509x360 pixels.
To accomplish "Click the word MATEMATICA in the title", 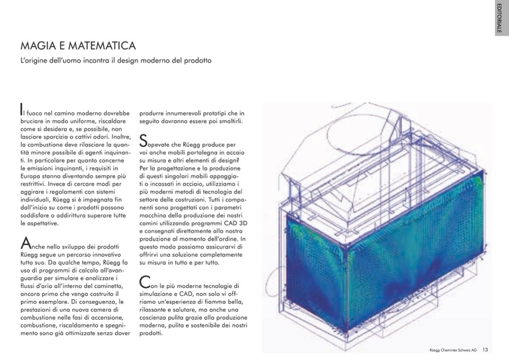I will [x=103, y=46].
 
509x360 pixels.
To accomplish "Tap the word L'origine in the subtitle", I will [x=33, y=61].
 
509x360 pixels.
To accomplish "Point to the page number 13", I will [x=485, y=349].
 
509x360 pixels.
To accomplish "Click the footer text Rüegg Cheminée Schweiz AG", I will [x=453, y=350].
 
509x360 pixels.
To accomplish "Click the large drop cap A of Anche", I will [x=24, y=243].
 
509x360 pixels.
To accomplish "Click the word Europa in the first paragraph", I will [x=31, y=175].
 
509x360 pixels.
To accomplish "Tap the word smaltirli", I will [x=229, y=122].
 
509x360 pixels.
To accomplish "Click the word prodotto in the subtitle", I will [x=197, y=61].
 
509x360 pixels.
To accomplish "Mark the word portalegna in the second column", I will [x=187, y=153].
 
